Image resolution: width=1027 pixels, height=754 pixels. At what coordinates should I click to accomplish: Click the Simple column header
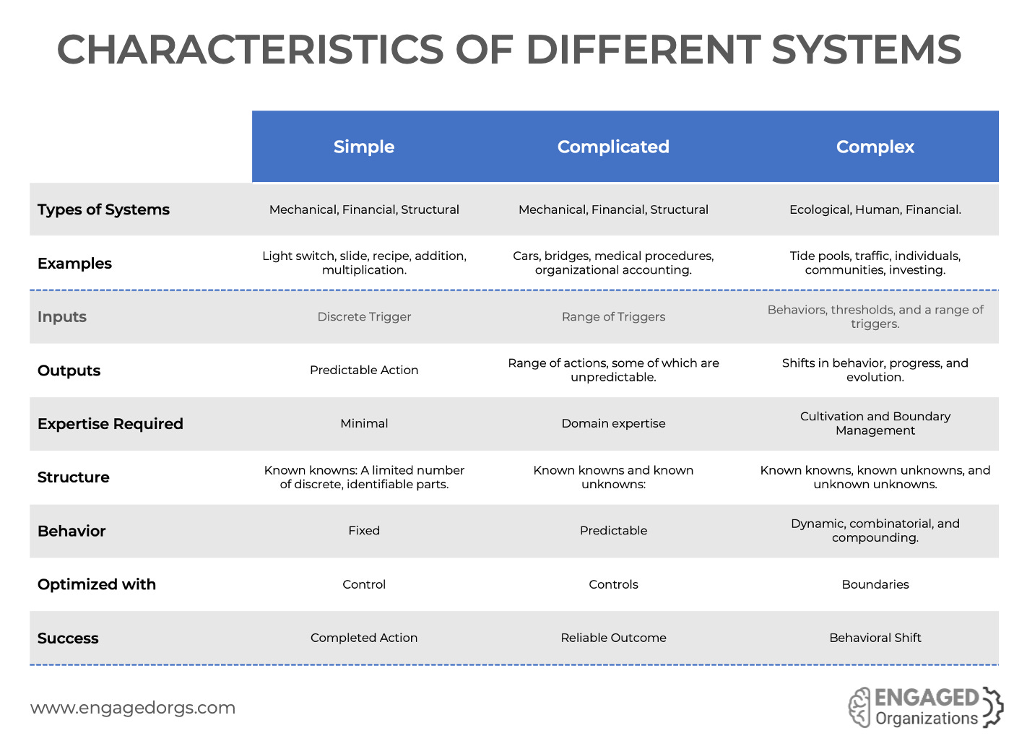[364, 147]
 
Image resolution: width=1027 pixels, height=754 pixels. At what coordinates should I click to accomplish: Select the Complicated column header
[613, 147]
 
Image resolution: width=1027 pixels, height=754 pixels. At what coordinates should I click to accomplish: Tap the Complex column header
[875, 147]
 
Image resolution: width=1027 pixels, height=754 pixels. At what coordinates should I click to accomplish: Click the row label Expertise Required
[110, 424]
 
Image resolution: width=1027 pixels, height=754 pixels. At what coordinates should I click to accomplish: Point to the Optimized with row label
[97, 584]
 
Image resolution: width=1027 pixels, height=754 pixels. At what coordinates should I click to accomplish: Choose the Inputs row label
[62, 317]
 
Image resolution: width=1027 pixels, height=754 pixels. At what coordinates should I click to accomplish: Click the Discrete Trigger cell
[364, 317]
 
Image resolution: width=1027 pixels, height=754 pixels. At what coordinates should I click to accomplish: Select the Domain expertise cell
[613, 424]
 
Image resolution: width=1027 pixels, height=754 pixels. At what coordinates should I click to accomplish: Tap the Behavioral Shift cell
[875, 638]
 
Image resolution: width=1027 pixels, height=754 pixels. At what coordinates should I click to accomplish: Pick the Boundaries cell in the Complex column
[875, 584]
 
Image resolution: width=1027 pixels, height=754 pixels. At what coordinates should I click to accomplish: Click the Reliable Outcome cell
[613, 638]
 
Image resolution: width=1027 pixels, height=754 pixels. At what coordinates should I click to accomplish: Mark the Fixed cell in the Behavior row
[364, 531]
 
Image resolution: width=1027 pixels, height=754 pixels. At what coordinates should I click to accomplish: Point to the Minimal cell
[364, 424]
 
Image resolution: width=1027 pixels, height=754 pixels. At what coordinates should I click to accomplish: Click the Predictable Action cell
[364, 370]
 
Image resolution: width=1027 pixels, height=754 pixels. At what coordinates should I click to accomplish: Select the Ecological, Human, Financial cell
[875, 210]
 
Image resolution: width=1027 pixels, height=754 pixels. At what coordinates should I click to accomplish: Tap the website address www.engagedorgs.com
[133, 708]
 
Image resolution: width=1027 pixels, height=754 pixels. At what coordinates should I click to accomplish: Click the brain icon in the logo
[859, 707]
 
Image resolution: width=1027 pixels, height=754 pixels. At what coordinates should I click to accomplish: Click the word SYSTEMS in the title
[866, 50]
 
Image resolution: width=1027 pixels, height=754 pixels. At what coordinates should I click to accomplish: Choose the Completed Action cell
[364, 638]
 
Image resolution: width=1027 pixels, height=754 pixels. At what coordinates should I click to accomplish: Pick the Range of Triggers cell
[613, 317]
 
